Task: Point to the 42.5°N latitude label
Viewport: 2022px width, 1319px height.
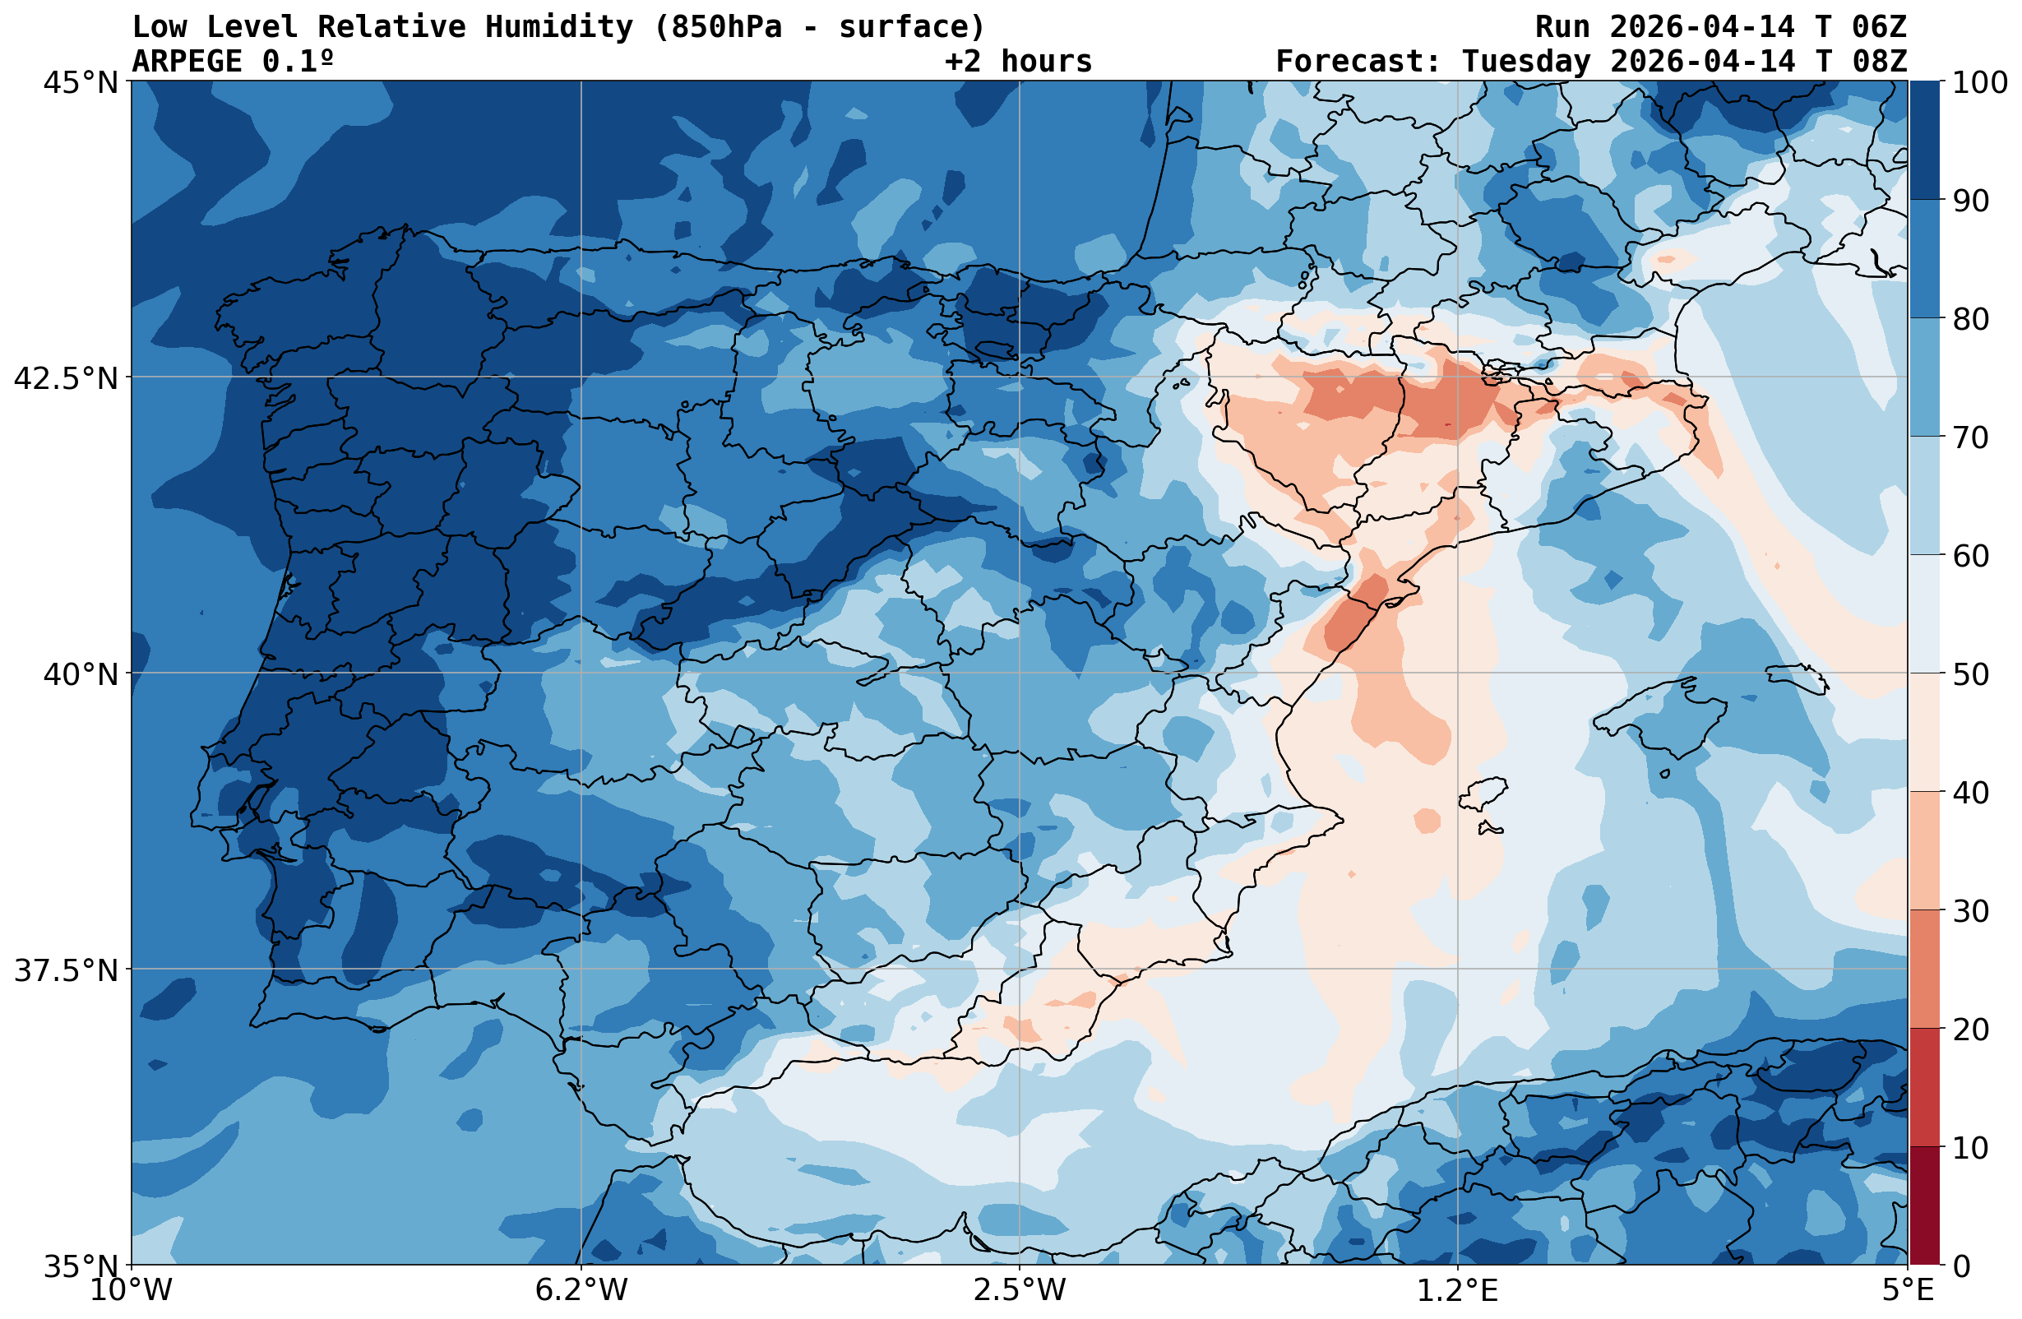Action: pyautogui.click(x=67, y=378)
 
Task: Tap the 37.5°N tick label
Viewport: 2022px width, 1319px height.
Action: pyautogui.click(x=67, y=970)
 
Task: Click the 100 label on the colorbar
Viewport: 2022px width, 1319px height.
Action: pyautogui.click(x=1979, y=82)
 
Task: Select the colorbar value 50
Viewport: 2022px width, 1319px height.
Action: pyautogui.click(x=1970, y=675)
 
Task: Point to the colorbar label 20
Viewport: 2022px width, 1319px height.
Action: pyautogui.click(x=1970, y=1030)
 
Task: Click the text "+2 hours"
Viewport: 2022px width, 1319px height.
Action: pyautogui.click(x=1018, y=61)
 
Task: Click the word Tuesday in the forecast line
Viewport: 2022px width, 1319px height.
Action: pyautogui.click(x=1526, y=61)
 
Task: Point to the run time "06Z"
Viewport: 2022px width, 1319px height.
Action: pyautogui.click(x=1878, y=27)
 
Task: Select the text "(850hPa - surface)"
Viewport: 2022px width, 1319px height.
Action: pyautogui.click(x=819, y=27)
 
